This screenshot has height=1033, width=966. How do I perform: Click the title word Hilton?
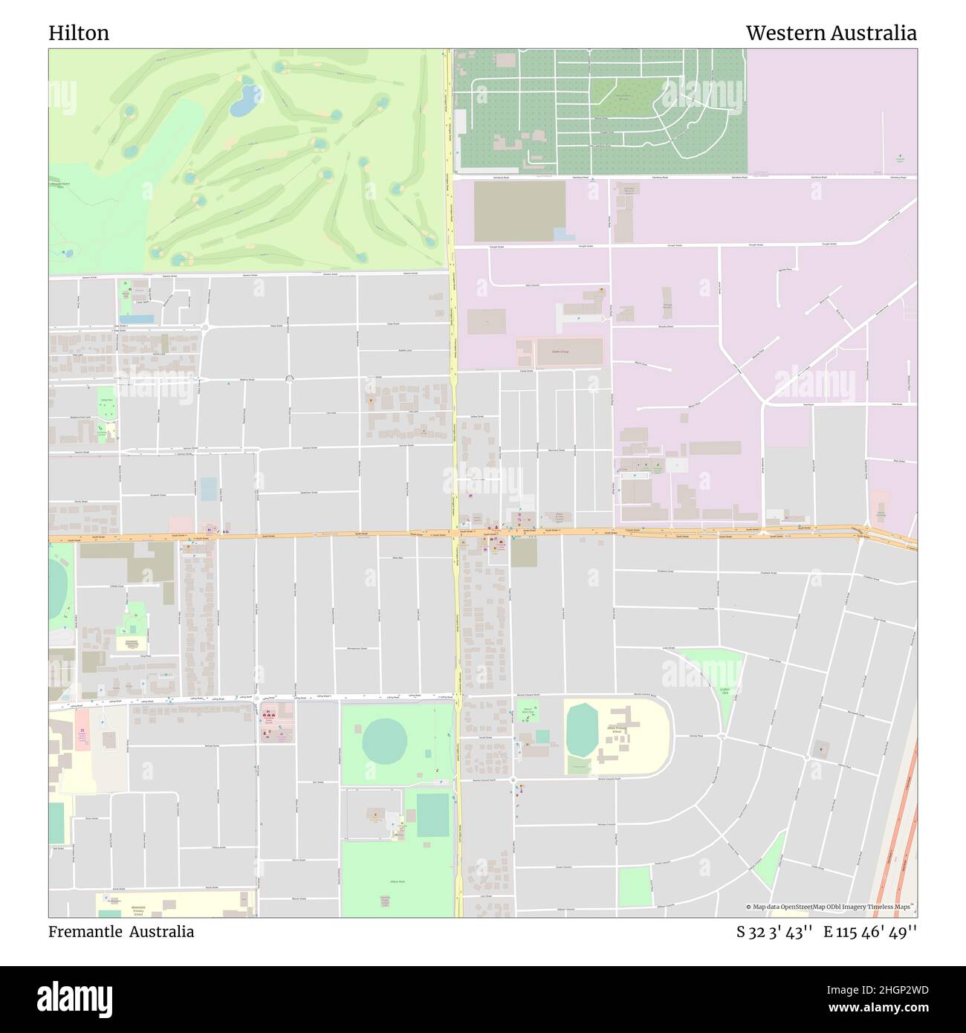click(x=79, y=33)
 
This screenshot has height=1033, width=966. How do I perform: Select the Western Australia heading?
click(x=831, y=33)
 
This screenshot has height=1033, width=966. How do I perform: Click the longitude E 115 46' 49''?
click(x=869, y=932)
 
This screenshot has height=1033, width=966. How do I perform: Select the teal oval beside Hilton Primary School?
click(x=582, y=731)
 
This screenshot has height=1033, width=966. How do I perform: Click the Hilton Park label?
click(x=397, y=881)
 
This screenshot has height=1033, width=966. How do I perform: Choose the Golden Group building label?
click(x=569, y=352)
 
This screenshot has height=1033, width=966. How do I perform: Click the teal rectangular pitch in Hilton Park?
click(x=432, y=815)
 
